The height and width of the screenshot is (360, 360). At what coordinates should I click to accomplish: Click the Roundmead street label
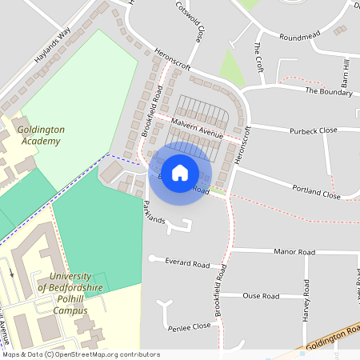300,37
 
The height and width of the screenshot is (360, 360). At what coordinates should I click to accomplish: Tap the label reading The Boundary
329,91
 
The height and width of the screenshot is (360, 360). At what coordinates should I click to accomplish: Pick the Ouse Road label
261,296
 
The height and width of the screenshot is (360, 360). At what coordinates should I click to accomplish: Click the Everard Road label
187,262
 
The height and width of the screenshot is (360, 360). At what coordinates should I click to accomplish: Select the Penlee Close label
190,327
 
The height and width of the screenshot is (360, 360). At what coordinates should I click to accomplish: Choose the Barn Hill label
346,74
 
